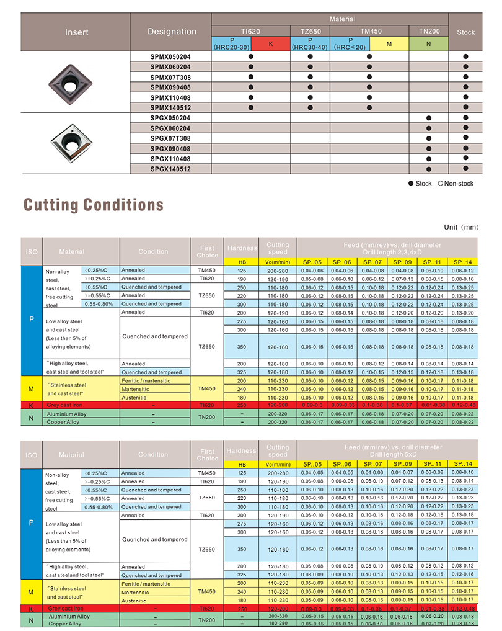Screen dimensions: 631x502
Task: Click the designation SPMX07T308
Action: point(170,77)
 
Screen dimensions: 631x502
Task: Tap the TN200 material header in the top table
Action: point(429,31)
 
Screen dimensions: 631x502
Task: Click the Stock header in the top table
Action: point(465,32)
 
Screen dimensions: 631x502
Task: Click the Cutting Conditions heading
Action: point(93,205)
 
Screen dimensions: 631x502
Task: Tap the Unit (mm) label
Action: point(462,227)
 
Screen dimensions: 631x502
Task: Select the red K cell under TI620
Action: point(270,44)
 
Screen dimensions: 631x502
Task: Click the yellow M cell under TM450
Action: point(389,44)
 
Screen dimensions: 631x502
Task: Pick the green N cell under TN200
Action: point(429,44)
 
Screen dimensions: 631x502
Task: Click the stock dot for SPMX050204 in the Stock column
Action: point(465,56)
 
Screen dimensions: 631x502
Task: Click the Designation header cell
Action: point(172,32)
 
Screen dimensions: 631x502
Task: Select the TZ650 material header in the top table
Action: point(310,31)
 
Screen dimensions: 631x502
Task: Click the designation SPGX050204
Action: point(170,118)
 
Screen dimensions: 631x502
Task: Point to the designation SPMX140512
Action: point(170,108)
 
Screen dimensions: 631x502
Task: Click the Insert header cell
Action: point(76,32)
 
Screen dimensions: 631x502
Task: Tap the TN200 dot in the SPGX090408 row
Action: point(429,149)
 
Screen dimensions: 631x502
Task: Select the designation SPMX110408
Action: point(170,97)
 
